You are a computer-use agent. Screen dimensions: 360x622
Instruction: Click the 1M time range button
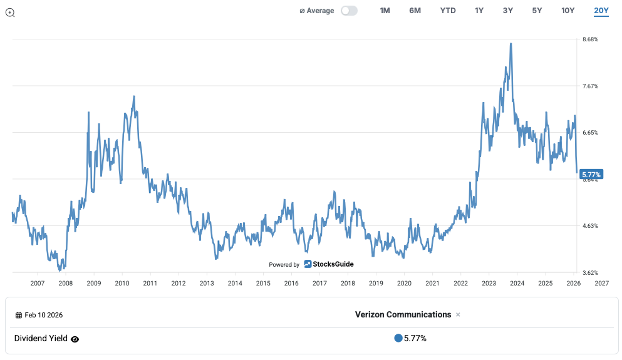tap(385, 11)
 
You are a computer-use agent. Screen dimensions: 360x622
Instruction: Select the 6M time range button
tap(415, 11)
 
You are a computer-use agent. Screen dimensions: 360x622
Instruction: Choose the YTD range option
tap(448, 11)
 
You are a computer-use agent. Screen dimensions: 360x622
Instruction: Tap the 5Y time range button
tap(537, 11)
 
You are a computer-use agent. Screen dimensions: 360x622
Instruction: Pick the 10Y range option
tap(568, 11)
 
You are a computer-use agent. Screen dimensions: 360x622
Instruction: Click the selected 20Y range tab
tap(601, 11)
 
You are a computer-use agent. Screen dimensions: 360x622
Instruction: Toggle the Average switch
tap(349, 11)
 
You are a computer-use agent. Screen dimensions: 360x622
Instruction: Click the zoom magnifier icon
tap(10, 13)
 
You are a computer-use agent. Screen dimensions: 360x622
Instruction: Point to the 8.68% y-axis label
tap(590, 39)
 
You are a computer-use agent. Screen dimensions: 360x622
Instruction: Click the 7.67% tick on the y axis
tap(590, 86)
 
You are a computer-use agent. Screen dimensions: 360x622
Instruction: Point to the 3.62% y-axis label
tap(590, 272)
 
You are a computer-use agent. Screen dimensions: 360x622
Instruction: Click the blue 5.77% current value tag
tap(591, 174)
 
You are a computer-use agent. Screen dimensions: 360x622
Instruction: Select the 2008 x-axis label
tap(65, 283)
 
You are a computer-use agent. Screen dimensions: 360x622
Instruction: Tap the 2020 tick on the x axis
tap(404, 283)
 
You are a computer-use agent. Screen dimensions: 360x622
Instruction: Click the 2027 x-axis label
tap(601, 283)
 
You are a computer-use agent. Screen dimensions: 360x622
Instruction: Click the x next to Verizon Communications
tap(458, 315)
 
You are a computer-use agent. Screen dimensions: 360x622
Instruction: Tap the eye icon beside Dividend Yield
tap(75, 339)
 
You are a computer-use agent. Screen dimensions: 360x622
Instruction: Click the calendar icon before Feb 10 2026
tap(19, 316)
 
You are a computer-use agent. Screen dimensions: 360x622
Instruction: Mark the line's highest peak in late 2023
tap(511, 44)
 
